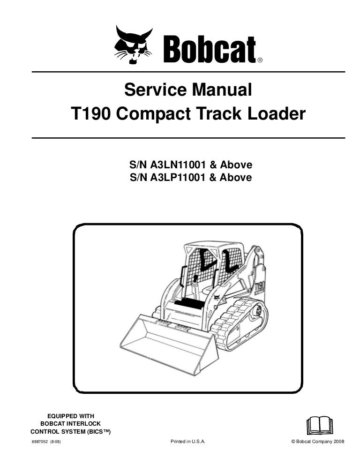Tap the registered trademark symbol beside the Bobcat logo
tap(260, 60)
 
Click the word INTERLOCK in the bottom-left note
tap(84, 423)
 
